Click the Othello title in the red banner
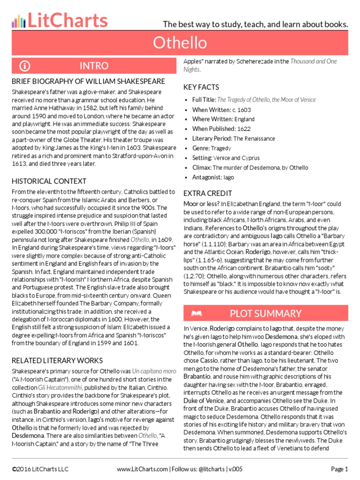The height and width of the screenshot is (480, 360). coord(180,43)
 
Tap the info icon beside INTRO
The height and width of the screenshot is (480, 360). coord(25,66)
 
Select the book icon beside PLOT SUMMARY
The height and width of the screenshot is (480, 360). coord(196,313)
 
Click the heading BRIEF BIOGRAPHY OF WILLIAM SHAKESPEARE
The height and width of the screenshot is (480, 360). coord(88,82)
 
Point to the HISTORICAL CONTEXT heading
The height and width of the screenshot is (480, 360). coord(49,181)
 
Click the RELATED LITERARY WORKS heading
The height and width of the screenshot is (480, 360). coord(57,360)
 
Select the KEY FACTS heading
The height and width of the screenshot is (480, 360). coord(201,87)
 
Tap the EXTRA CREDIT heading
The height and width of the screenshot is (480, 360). coord(208,193)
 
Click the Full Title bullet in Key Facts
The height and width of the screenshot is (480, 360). coord(254,100)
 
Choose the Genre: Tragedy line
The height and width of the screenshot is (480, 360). coord(211,148)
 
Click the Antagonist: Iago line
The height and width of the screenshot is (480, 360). coord(213,178)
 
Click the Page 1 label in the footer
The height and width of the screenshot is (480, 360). coord(339,469)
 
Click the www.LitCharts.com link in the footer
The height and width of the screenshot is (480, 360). coord(142,469)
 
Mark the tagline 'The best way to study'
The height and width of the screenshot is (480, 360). coord(255,24)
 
